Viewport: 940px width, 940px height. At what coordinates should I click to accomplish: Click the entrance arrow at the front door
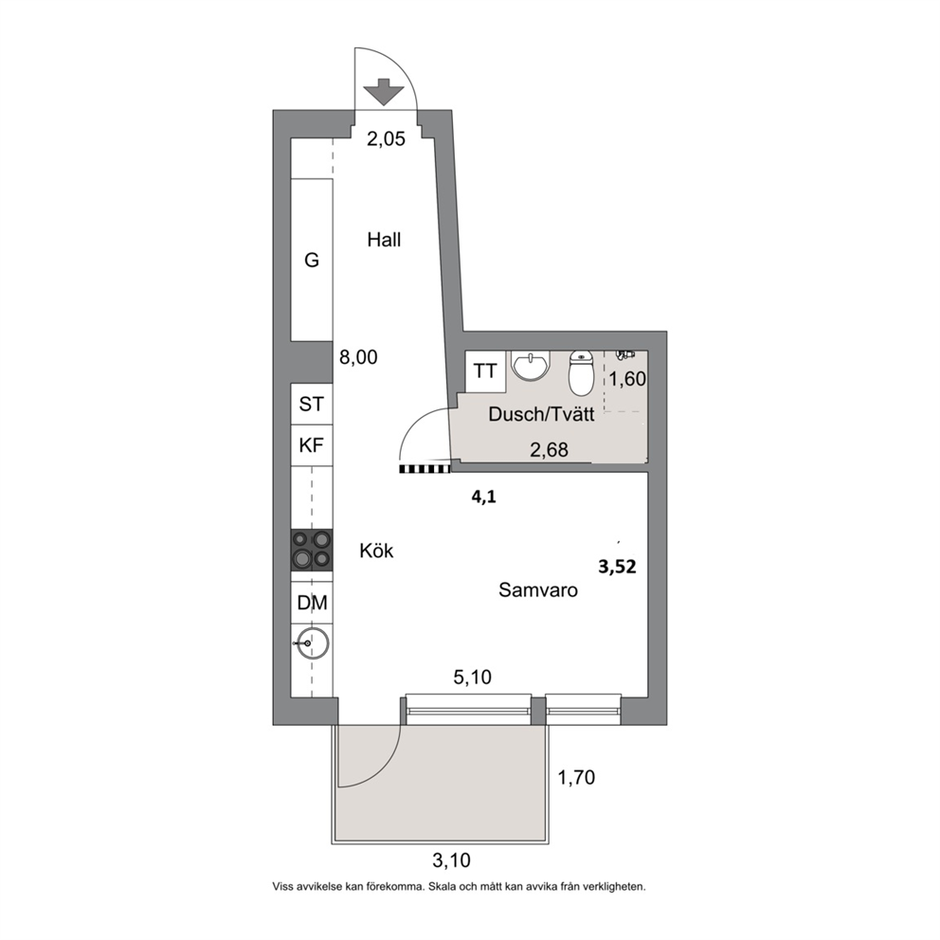[384, 92]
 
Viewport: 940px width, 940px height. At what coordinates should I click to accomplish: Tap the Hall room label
[384, 240]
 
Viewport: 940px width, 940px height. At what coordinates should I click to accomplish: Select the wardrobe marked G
[312, 261]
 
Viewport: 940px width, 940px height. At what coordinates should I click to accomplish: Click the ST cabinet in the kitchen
[312, 404]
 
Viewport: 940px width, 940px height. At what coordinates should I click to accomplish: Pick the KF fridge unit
[312, 445]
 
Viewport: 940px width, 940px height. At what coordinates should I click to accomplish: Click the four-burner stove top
[312, 551]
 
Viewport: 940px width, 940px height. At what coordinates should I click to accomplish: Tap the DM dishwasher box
[312, 603]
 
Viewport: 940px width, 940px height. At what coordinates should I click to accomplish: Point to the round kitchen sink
[313, 643]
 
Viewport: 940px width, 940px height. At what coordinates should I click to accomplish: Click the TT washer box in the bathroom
[485, 371]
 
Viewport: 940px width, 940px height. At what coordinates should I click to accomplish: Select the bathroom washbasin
[531, 367]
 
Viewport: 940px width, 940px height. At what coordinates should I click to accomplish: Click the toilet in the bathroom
[580, 373]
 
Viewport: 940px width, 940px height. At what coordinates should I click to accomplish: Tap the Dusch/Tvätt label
[541, 414]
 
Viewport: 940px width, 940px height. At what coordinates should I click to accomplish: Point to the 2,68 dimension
[550, 449]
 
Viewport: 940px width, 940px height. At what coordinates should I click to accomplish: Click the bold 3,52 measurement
[617, 567]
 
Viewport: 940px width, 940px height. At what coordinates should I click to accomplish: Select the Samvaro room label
[538, 590]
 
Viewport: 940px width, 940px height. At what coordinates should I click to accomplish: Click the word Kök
[376, 551]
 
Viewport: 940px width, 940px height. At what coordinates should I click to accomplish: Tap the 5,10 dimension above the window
[473, 678]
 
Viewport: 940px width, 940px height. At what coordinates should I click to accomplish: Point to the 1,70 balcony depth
[576, 778]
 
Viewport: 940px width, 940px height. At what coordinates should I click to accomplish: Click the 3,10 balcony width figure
[451, 860]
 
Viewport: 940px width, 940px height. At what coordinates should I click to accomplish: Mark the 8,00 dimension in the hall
[358, 357]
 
